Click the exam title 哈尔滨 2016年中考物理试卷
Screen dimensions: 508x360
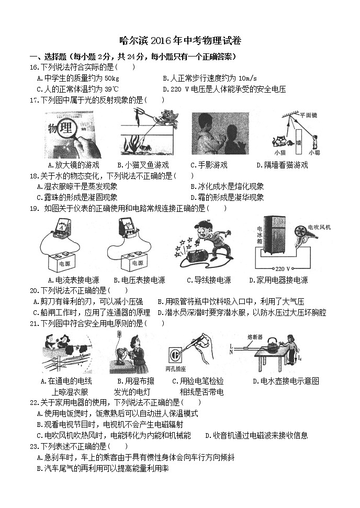pyautogui.click(x=180, y=41)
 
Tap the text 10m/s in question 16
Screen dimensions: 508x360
pyautogui.click(x=238, y=78)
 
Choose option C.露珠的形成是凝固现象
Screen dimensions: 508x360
pyautogui.click(x=77, y=197)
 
